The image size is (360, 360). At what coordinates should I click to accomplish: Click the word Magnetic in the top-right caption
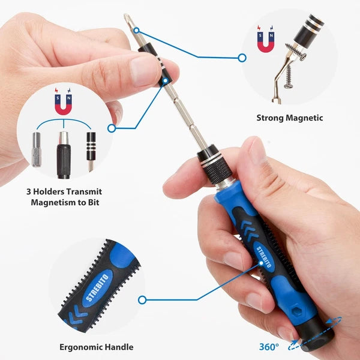(304, 118)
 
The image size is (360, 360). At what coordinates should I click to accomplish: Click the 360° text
(269, 346)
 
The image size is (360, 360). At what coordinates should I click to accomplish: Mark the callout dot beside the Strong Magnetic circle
(242, 58)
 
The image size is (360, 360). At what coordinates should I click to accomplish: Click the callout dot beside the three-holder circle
(111, 128)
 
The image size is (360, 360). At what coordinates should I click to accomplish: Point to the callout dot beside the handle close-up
(142, 299)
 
